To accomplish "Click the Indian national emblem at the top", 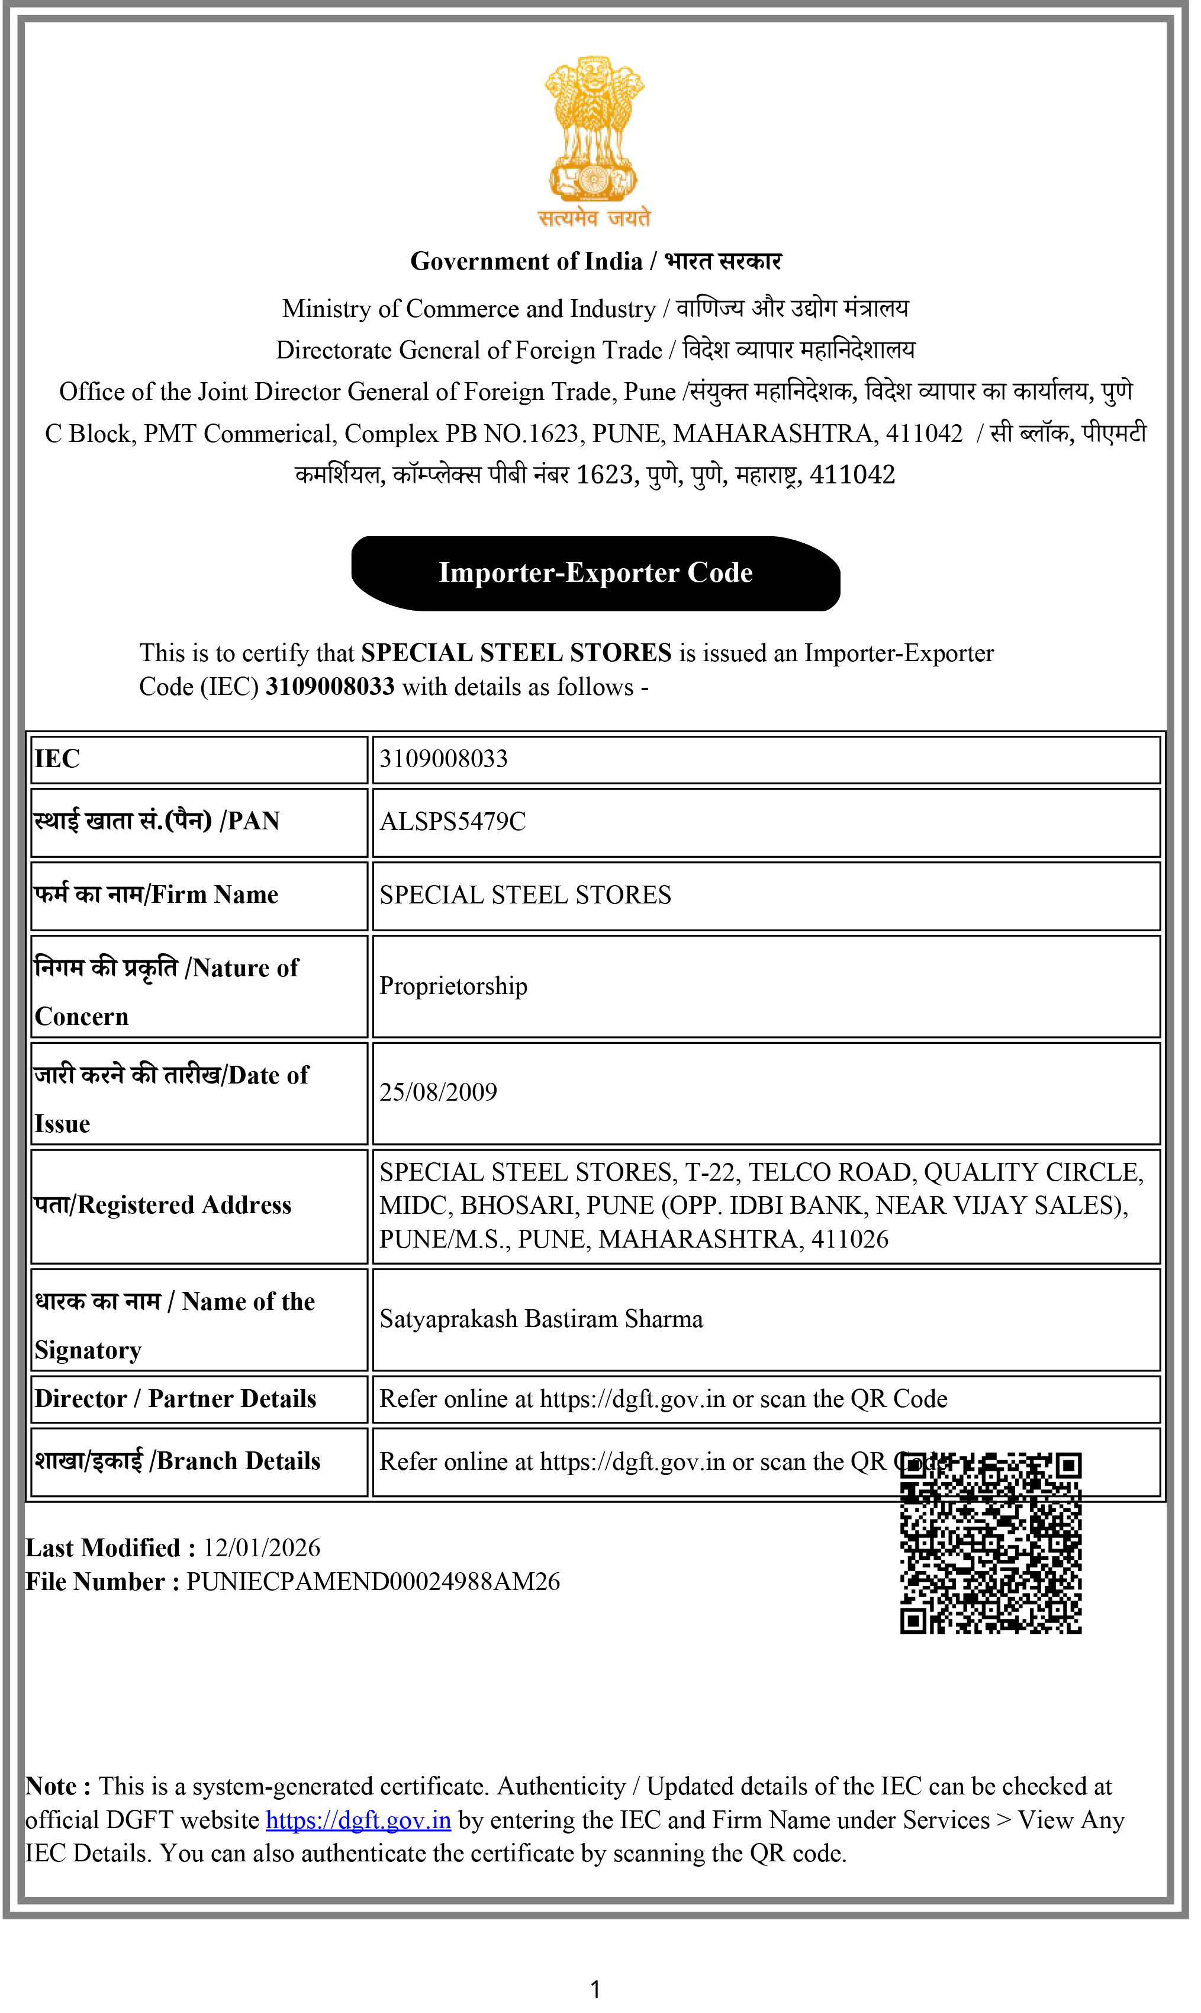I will click(x=594, y=130).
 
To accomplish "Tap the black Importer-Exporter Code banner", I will click(x=595, y=573).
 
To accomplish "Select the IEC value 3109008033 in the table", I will click(x=443, y=759).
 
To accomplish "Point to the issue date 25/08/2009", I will click(x=438, y=1092).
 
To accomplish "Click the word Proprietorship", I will click(x=453, y=986).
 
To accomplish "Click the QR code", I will click(x=991, y=1543).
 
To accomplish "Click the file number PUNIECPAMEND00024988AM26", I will click(x=372, y=1582).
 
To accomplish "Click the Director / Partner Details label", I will click(x=175, y=1399).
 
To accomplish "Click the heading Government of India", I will click(x=526, y=261).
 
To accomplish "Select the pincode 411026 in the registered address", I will click(x=850, y=1240).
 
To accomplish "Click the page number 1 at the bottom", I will click(x=595, y=1990).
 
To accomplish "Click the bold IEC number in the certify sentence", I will click(x=330, y=687).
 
